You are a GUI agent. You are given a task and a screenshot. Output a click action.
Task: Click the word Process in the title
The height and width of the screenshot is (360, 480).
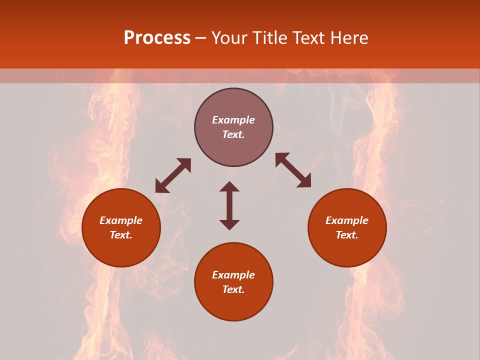(x=157, y=38)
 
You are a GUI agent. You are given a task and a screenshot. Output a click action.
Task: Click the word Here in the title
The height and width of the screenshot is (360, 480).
(x=350, y=38)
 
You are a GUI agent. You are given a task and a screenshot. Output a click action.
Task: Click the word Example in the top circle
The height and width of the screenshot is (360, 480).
(x=233, y=120)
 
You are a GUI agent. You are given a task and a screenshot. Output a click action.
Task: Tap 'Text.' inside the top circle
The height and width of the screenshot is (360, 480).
(x=233, y=134)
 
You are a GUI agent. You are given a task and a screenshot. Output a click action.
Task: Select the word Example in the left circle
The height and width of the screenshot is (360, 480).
(x=121, y=220)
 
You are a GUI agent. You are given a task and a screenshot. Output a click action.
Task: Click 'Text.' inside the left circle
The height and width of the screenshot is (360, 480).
(x=121, y=235)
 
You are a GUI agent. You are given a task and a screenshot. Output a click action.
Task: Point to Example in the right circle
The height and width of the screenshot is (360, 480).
(x=347, y=220)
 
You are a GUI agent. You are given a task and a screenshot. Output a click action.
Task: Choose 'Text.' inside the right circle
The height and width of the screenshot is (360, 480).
(x=347, y=235)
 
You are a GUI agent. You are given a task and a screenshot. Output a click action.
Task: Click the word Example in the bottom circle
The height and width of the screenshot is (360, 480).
(x=233, y=275)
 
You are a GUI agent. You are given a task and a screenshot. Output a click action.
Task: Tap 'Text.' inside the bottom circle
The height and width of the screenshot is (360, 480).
(x=233, y=289)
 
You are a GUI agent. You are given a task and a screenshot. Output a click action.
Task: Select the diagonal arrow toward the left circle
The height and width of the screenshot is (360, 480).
(x=173, y=175)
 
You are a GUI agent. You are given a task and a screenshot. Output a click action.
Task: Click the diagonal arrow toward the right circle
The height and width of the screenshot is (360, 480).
(x=293, y=170)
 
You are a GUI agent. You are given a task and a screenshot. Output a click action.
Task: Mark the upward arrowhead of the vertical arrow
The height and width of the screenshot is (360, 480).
(x=229, y=186)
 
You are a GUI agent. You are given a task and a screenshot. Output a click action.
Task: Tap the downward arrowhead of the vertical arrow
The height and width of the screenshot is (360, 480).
(x=229, y=224)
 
